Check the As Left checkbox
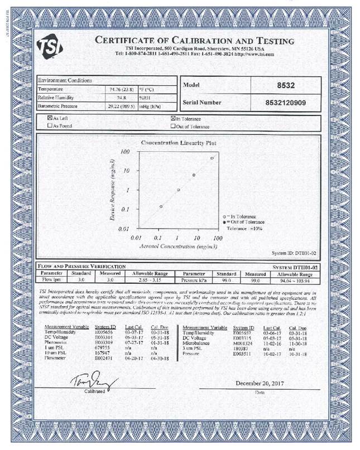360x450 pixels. point(50,118)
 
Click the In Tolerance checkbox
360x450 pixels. point(172,118)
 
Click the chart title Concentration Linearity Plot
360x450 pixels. point(179,143)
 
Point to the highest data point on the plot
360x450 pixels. point(212,158)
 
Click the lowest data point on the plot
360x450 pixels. point(161,206)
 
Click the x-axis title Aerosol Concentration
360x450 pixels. point(174,245)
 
